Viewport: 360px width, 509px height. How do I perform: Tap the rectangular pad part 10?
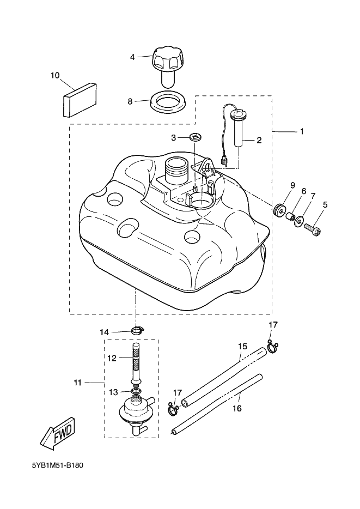[79, 100]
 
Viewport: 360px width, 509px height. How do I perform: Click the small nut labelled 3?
[195, 137]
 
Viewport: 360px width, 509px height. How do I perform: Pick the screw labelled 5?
[313, 231]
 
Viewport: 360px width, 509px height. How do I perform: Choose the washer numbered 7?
[300, 222]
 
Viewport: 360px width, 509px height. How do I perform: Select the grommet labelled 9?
[279, 210]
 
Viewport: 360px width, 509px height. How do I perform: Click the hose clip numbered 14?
[138, 331]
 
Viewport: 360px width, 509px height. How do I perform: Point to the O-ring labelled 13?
[137, 392]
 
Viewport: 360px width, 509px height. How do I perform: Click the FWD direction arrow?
[58, 434]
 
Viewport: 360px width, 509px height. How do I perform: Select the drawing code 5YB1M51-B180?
[57, 465]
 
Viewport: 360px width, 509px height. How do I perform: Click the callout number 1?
[302, 131]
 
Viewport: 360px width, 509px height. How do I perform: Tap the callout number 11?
[77, 383]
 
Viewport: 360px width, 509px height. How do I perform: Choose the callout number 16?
[237, 408]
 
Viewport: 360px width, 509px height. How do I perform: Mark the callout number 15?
[242, 346]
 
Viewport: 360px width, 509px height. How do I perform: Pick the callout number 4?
[132, 57]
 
